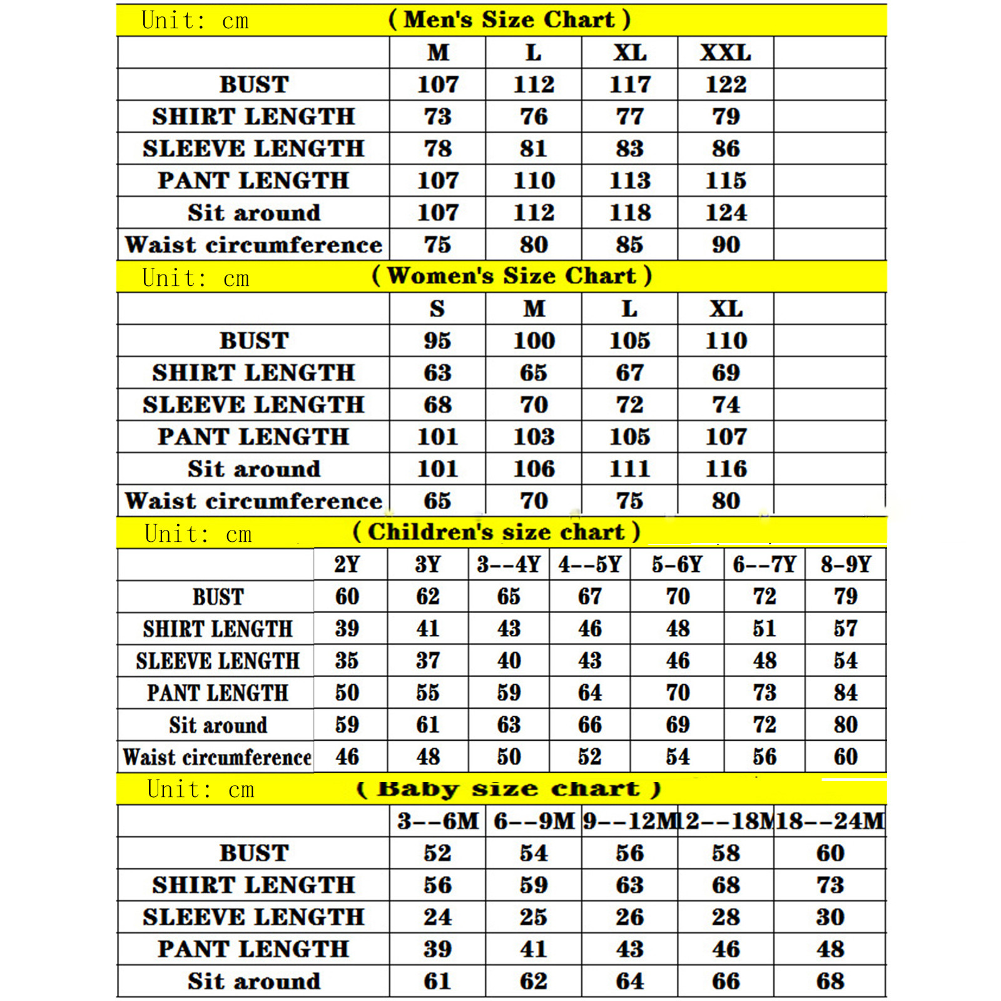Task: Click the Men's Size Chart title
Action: (509, 19)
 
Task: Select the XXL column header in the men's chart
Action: (725, 53)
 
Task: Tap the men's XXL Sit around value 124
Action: (726, 213)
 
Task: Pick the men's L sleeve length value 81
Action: (534, 149)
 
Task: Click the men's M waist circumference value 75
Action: (437, 245)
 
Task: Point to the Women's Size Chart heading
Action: (512, 276)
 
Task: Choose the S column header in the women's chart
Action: (437, 309)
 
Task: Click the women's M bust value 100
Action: (534, 341)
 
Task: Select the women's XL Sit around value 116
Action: (726, 469)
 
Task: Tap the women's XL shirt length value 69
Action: (726, 373)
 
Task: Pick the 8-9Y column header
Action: (845, 565)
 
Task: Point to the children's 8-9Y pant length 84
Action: (845, 693)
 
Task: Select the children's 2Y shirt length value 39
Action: (347, 629)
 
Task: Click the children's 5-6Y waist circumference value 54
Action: (678, 757)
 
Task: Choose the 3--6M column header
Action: (437, 821)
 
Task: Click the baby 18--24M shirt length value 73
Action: (830, 885)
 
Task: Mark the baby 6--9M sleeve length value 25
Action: (534, 917)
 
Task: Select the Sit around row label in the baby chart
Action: (253, 981)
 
